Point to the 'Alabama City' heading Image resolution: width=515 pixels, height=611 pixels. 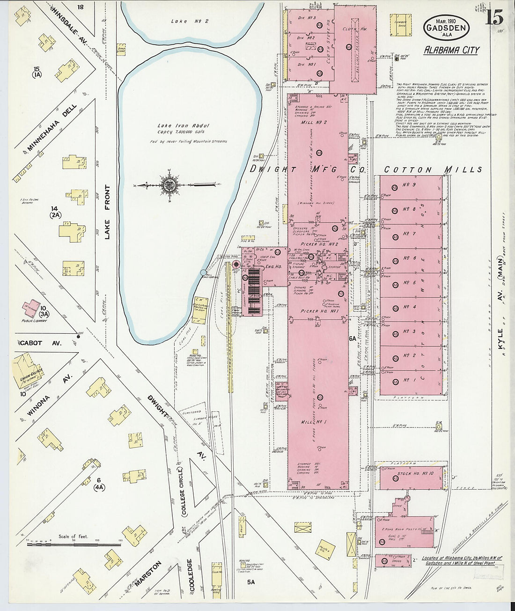(x=451, y=50)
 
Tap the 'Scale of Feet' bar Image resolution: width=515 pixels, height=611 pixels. (x=73, y=544)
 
